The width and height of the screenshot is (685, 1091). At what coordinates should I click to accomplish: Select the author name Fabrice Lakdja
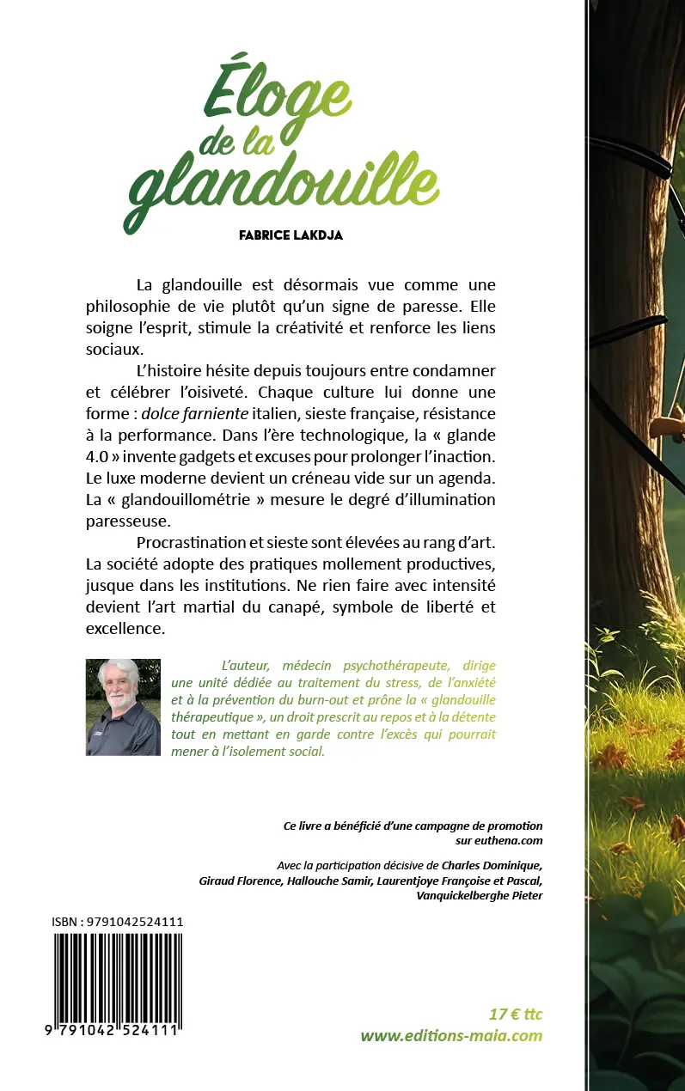291,235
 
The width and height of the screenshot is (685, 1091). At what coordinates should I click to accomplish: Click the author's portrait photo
123,707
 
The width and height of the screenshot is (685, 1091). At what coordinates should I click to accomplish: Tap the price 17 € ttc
514,1015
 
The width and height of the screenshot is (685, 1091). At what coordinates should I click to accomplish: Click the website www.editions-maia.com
451,1035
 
